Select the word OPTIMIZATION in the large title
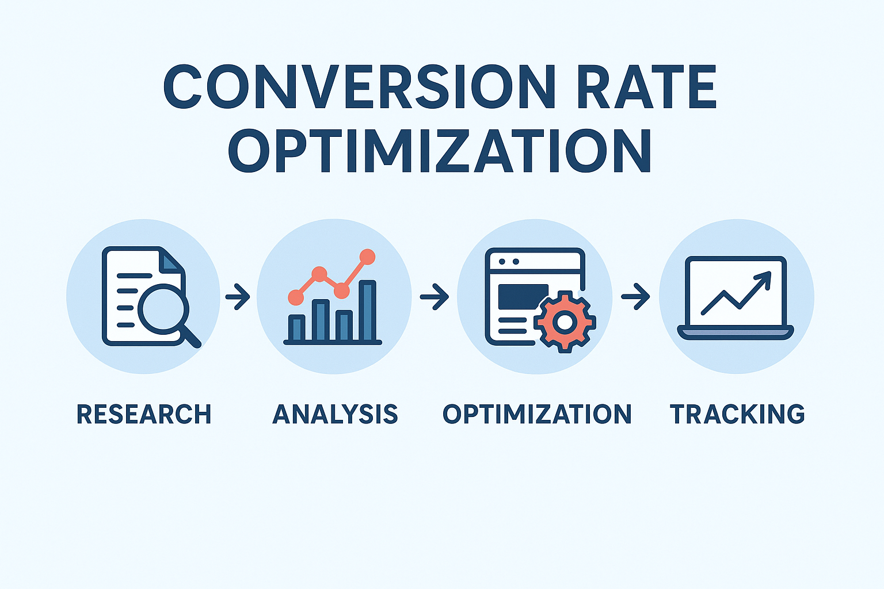point(440,150)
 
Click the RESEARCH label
point(144,414)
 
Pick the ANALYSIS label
point(335,414)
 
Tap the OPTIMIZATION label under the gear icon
point(537,414)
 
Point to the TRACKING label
point(737,414)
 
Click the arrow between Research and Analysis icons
point(238,296)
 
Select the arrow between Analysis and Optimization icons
point(434,296)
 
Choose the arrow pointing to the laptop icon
point(635,296)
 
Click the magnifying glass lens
point(163,309)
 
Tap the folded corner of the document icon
point(171,261)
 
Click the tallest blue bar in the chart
point(367,310)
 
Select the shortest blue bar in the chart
point(297,328)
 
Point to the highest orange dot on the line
point(367,257)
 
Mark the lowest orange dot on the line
point(296,297)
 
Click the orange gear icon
point(565,322)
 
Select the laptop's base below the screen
point(736,332)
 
